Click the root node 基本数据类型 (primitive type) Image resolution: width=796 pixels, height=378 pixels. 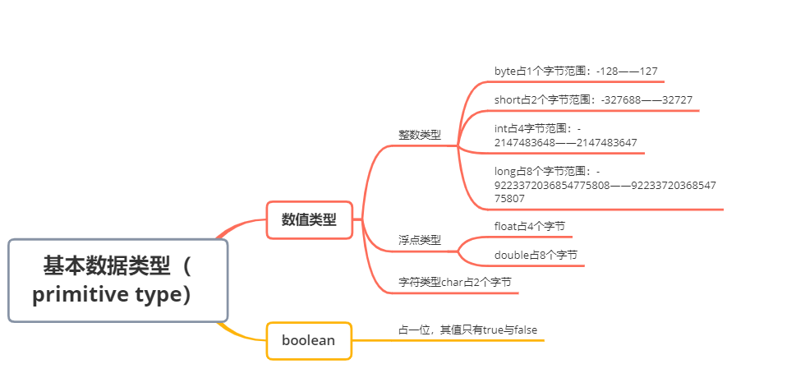tap(117, 280)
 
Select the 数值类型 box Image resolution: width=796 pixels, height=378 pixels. tap(310, 219)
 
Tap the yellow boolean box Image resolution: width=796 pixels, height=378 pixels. tap(309, 339)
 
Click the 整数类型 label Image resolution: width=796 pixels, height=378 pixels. tap(419, 135)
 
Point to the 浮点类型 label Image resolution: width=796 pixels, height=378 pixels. tap(419, 240)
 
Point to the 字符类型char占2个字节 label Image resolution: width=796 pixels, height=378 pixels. tap(455, 282)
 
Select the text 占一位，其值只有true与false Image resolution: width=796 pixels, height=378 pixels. tap(467, 330)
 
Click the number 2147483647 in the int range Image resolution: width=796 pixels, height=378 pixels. tap(607, 143)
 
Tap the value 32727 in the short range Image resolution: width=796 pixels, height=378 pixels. tap(676, 100)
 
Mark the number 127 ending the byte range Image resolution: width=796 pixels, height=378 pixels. tap(647, 71)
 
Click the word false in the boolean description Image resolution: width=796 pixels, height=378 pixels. tap(525, 330)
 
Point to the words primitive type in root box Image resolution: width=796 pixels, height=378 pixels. tap(111, 295)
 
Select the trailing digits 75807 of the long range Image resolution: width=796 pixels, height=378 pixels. tap(509, 198)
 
